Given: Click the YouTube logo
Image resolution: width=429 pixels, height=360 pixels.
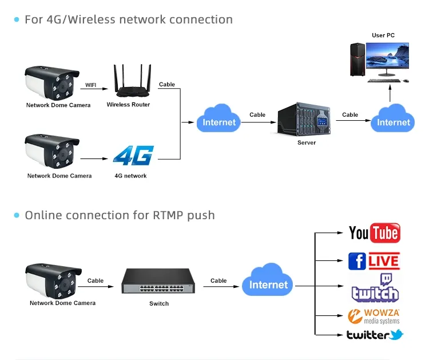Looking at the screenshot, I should click(x=374, y=233).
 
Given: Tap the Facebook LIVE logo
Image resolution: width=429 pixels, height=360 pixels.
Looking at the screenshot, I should click(x=374, y=261).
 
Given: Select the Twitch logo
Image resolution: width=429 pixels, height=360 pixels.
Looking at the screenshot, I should click(x=375, y=289).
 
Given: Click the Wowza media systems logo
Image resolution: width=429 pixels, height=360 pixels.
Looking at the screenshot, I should click(x=374, y=316).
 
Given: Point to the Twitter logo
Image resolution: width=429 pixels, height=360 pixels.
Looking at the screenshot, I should click(x=375, y=335).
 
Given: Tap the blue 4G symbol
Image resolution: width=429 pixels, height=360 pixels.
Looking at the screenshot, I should click(x=133, y=156).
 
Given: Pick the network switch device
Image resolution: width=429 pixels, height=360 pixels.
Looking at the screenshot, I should click(x=158, y=282).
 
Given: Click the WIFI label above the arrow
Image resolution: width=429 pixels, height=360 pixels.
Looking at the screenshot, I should click(x=91, y=85).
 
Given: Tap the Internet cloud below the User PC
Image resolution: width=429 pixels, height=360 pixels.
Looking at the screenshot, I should click(x=393, y=119).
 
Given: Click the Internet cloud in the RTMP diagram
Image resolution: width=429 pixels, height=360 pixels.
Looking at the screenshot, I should click(x=268, y=282).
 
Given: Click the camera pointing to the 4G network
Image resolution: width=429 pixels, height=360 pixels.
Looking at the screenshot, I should click(x=52, y=152).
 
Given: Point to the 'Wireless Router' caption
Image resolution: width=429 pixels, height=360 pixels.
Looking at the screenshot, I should click(x=129, y=105).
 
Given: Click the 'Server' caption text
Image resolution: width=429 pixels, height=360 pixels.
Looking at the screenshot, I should click(x=307, y=143).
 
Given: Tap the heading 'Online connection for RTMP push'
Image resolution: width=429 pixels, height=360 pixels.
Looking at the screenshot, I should click(x=120, y=215).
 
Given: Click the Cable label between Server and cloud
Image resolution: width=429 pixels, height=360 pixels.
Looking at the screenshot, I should click(x=350, y=114).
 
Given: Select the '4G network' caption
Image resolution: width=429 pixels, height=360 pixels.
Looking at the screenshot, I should click(x=130, y=176).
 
